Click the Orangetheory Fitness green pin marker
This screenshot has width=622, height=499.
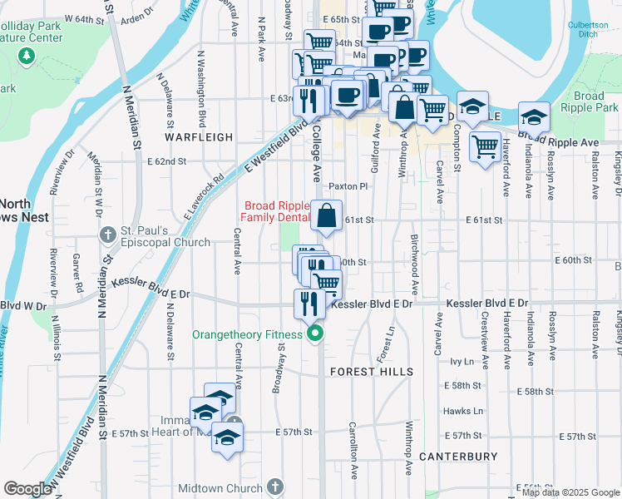(315, 335)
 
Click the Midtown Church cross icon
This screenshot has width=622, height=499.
(276, 487)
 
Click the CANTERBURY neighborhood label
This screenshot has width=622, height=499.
(458, 457)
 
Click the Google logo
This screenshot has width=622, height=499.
(28, 489)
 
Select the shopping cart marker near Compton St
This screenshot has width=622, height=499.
(485, 147)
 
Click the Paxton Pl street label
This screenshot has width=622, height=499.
(348, 186)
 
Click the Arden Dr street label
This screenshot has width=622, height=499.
(137, 16)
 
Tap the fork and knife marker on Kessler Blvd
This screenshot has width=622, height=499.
(309, 304)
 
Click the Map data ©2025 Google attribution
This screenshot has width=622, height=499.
(571, 492)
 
